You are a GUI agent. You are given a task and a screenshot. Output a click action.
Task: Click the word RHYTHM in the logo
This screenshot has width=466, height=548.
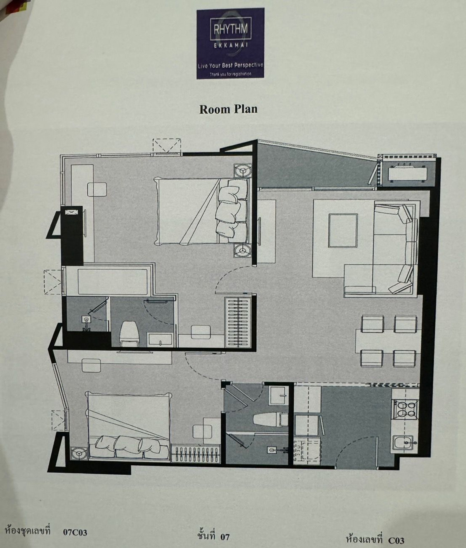click(x=231, y=29)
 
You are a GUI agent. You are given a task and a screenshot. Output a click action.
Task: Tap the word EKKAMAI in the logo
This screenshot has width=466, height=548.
click(x=231, y=45)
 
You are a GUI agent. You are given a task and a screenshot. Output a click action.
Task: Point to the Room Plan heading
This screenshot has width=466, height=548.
click(x=228, y=109)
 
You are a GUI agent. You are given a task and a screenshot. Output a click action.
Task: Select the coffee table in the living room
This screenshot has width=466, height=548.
click(x=343, y=231)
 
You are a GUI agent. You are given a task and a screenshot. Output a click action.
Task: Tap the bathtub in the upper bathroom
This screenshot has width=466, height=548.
click(x=113, y=282)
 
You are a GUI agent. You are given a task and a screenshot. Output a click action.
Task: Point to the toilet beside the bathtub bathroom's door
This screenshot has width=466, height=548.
click(x=130, y=333)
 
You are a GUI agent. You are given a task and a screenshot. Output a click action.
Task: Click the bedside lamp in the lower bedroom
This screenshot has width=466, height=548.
click(x=79, y=454)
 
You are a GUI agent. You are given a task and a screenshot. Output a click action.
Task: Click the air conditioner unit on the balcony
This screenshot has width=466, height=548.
click(x=407, y=173)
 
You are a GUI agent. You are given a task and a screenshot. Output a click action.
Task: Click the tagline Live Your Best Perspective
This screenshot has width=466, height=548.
click(x=231, y=66)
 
